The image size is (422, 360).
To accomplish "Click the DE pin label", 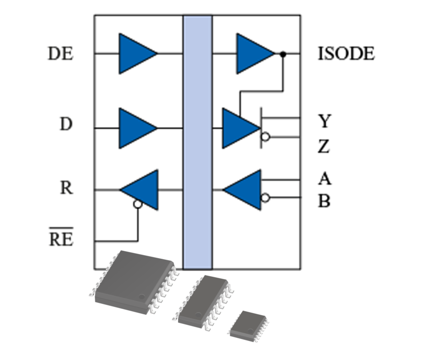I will (x=61, y=53).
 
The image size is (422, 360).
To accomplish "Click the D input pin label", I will (x=66, y=124).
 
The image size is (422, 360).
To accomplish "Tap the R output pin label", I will (x=66, y=188).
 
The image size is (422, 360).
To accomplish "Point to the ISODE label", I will (x=346, y=53).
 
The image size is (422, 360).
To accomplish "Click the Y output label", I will (x=324, y=122).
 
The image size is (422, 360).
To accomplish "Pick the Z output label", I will (x=324, y=148).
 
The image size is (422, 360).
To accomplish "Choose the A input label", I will (x=324, y=179).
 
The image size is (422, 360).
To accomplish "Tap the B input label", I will (x=324, y=201).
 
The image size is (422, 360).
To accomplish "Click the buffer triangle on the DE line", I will (x=135, y=53).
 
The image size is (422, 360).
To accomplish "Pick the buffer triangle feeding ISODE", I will (x=253, y=53).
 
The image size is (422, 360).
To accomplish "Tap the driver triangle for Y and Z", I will (x=239, y=128).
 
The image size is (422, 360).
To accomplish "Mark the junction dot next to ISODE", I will (x=283, y=53).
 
